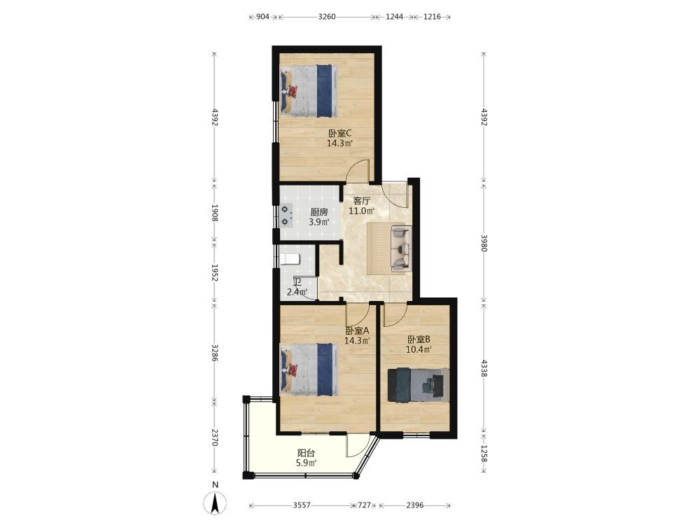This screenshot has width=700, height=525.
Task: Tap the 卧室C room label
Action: (x=339, y=133)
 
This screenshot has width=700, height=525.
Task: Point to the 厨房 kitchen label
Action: (x=318, y=212)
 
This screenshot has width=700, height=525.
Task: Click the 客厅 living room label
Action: (x=362, y=200)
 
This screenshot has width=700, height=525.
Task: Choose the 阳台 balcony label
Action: (x=306, y=453)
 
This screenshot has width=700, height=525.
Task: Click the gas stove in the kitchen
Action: (x=286, y=215)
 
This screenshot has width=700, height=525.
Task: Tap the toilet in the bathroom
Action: (x=290, y=259)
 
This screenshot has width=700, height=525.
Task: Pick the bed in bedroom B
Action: (x=418, y=385)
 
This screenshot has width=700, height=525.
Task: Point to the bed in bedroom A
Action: (x=307, y=370)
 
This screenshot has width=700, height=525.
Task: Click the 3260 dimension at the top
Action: (x=327, y=17)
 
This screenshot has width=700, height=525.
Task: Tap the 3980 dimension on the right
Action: (x=484, y=243)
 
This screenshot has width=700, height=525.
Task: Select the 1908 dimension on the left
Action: (x=215, y=213)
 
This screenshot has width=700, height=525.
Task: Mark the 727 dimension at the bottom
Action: (x=365, y=505)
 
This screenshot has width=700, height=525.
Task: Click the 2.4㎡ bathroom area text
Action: (x=297, y=293)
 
